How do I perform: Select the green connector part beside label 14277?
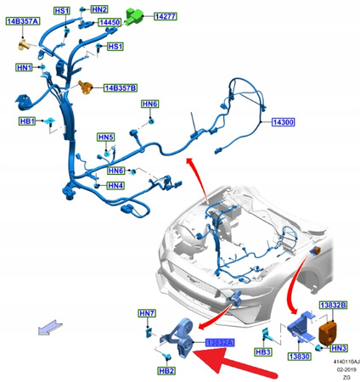(134, 14)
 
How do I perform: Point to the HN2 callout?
(99, 8)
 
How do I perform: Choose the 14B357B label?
(120, 87)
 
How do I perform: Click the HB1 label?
(26, 121)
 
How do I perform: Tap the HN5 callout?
(105, 138)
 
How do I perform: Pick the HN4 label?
(115, 186)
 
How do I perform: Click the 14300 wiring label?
(283, 122)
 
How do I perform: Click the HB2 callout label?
(166, 371)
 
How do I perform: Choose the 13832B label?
(330, 304)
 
